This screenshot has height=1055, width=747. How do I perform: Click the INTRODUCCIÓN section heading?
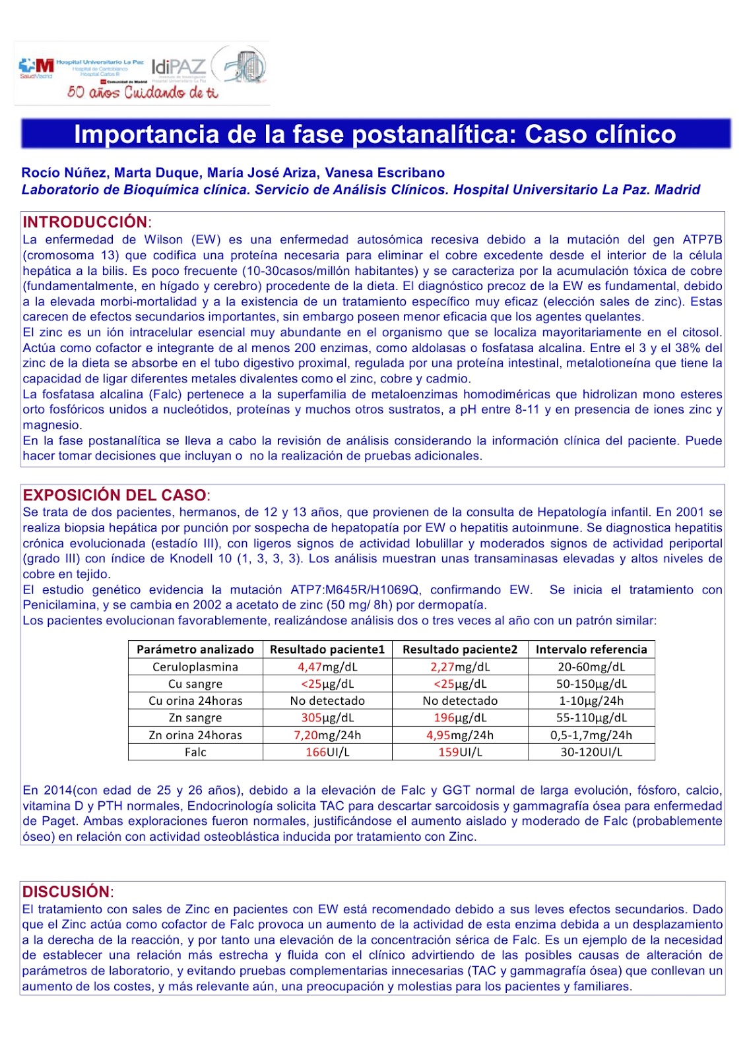(86, 222)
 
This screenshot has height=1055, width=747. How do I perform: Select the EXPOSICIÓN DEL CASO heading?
(114, 495)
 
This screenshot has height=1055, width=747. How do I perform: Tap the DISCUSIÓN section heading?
(66, 891)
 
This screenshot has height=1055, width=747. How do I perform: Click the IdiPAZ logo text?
(179, 67)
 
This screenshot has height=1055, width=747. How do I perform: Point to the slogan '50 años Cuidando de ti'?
(142, 92)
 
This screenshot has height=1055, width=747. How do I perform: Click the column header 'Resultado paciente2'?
(460, 649)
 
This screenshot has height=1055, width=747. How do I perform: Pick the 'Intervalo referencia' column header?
(591, 649)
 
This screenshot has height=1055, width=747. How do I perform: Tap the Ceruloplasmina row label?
(195, 667)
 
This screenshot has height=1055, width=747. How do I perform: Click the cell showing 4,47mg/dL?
(327, 667)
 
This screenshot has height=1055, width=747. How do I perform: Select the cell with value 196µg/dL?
(460, 717)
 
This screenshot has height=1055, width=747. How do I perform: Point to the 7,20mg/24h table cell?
(327, 735)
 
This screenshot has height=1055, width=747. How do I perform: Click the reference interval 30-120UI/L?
(591, 752)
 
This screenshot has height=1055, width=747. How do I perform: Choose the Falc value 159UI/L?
(460, 752)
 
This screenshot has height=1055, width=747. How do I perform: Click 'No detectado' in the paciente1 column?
(327, 700)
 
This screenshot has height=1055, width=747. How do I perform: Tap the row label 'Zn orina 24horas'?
(195, 735)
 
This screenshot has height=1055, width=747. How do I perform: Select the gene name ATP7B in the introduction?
(702, 240)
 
